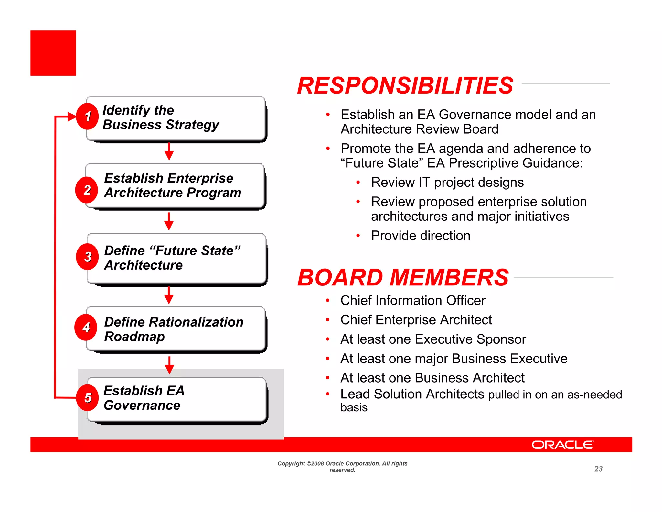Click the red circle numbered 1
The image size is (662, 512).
(x=87, y=117)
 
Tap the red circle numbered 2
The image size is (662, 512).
(x=87, y=190)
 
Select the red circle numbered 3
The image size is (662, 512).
(x=87, y=257)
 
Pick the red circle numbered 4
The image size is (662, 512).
(x=86, y=328)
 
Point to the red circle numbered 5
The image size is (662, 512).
(x=87, y=398)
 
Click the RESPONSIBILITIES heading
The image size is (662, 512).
(x=405, y=86)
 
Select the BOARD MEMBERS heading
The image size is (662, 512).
(x=403, y=278)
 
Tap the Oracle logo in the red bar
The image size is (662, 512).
(x=562, y=445)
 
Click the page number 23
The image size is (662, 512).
(x=598, y=469)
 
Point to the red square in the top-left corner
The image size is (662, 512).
(x=53, y=53)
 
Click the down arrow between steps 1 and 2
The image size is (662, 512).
(x=169, y=151)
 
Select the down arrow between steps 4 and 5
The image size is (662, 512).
(x=169, y=365)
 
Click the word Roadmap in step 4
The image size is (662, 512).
(x=134, y=337)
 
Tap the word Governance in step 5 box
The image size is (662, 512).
(x=142, y=405)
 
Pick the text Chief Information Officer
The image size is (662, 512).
(x=413, y=300)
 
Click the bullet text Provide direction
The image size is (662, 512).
(x=421, y=236)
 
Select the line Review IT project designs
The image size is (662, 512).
(x=447, y=183)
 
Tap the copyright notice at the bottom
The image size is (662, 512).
(x=342, y=466)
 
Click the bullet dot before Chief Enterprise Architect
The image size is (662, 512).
(x=328, y=320)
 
